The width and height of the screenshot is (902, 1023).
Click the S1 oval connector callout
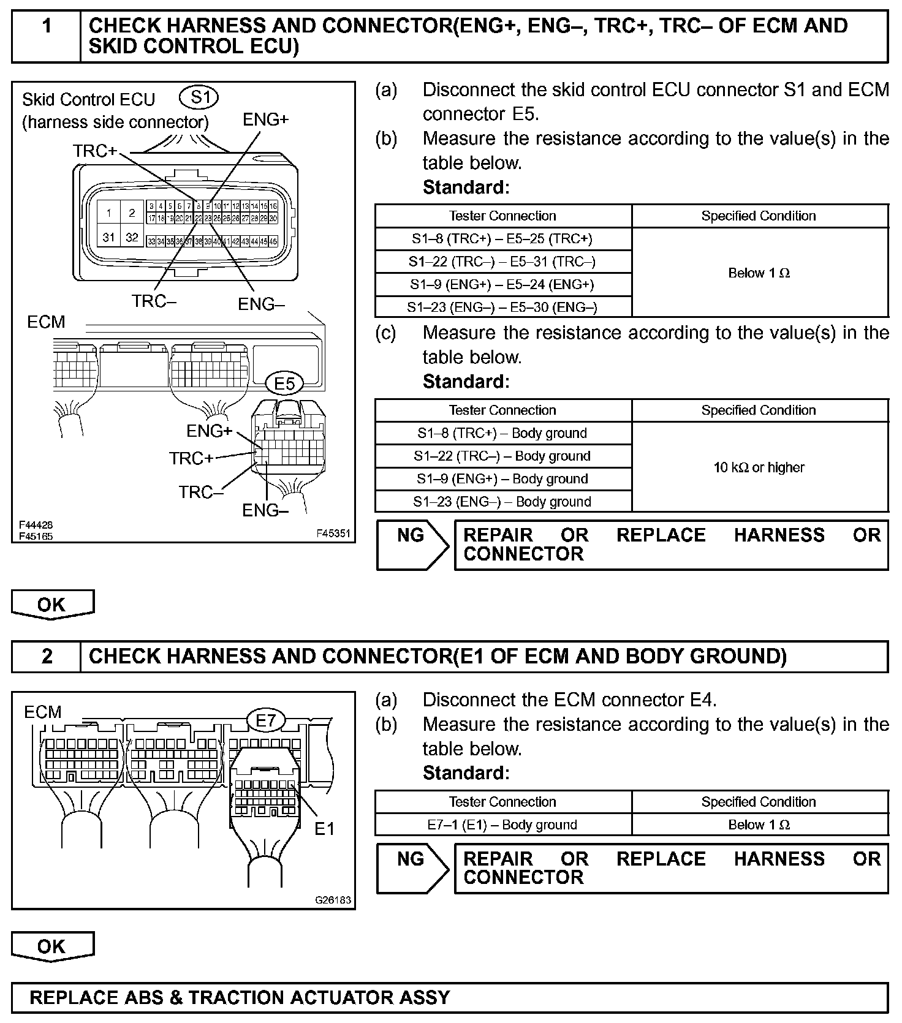pos(199,97)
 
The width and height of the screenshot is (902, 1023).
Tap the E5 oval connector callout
pos(284,384)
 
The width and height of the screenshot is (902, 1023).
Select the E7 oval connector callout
pos(266,721)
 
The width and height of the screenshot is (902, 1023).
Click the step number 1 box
pos(46,36)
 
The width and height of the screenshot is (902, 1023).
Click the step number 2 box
pos(46,656)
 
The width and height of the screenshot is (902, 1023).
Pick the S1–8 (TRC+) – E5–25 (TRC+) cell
pos(502,239)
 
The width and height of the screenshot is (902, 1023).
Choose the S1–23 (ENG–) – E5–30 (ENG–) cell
pos(502,307)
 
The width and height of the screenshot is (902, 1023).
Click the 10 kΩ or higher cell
pos(759,467)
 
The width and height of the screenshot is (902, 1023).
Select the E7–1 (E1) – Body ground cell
pos(502,825)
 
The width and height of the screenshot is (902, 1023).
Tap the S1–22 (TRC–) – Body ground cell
pos(502,456)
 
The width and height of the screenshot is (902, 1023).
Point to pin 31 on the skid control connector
pos(109,237)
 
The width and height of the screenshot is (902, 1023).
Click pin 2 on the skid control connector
pos(132,213)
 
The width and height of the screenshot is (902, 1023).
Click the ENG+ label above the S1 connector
pos(265,119)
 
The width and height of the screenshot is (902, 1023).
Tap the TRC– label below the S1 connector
pos(154,301)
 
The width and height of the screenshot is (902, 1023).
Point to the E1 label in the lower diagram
pos(324,829)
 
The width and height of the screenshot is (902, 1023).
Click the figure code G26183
pos(333,900)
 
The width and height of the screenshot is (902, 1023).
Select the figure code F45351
pos(333,533)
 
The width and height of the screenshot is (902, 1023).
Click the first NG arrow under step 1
pos(412,545)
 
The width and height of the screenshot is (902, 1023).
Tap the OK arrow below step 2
pos(52,946)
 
